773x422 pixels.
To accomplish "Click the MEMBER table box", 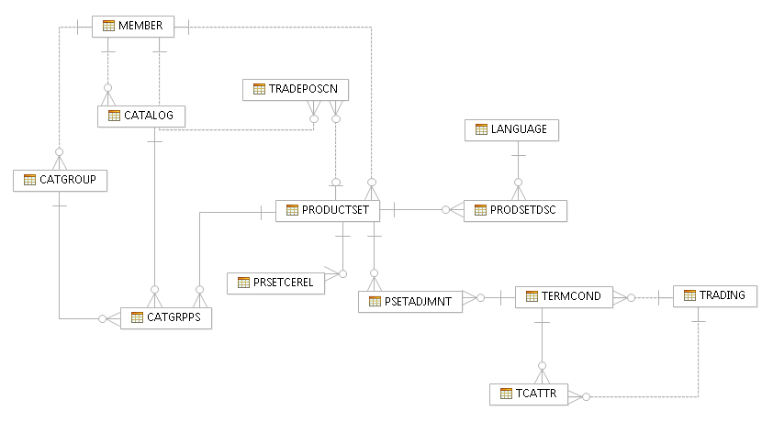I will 133,26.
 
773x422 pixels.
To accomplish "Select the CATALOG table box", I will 141,116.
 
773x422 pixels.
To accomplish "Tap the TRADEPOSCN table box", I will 296,89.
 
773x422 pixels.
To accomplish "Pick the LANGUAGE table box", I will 511,129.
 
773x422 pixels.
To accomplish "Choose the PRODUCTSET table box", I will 328,210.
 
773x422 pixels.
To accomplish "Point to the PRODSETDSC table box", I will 515,210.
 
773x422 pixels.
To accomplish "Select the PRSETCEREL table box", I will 277,283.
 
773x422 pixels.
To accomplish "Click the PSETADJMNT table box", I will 409,301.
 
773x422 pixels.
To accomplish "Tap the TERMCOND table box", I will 564,296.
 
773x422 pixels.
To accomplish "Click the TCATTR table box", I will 529,394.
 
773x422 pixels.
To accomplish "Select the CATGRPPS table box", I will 166,318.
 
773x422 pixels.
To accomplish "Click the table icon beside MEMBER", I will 108,26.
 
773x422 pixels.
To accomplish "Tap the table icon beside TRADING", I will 689,295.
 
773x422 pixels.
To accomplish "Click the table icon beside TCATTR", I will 505,394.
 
